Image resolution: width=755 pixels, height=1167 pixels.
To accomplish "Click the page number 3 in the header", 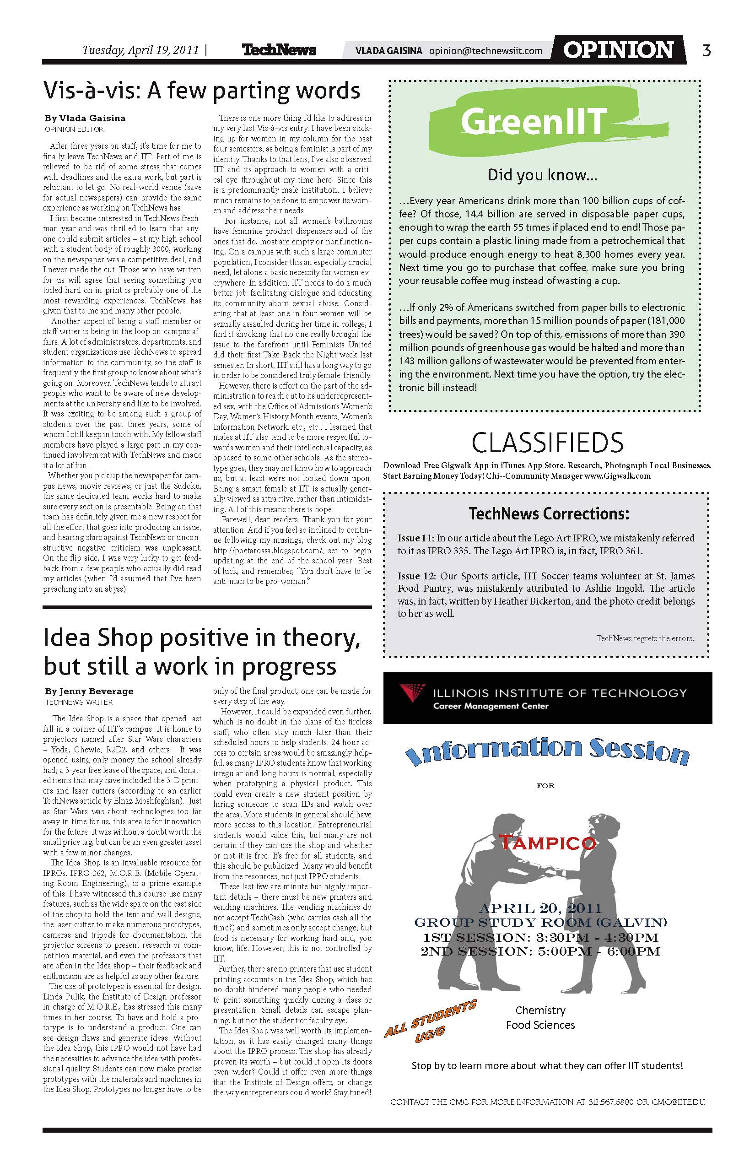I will (706, 50).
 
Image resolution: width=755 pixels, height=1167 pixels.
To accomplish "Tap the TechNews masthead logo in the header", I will (279, 50).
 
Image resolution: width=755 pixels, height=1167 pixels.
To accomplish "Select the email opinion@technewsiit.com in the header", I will (485, 50).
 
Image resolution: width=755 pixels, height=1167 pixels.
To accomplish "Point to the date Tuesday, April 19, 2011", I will (141, 50).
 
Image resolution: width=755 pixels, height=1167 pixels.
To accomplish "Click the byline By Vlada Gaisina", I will (85, 118).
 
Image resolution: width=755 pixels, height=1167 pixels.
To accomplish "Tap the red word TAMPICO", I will (547, 843).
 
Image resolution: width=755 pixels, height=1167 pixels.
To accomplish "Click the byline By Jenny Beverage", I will (89, 691).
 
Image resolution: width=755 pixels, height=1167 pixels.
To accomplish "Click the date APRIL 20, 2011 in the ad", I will (540, 908).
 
